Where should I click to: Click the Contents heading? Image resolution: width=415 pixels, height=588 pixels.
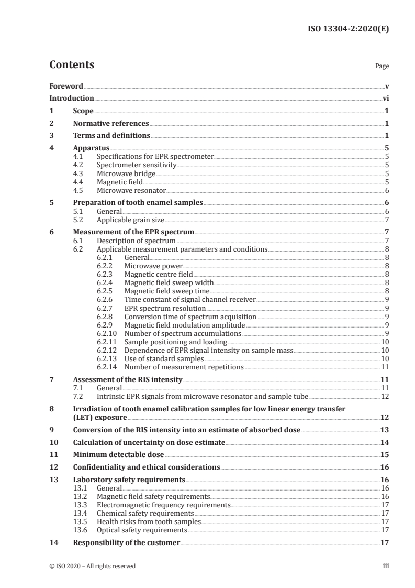[x=72, y=65]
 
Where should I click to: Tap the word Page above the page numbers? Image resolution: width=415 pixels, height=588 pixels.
[x=382, y=67]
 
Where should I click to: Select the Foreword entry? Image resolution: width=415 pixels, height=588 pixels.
[x=66, y=86]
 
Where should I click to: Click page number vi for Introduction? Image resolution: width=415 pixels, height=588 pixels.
[x=385, y=98]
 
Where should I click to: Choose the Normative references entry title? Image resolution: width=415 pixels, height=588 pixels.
[x=111, y=124]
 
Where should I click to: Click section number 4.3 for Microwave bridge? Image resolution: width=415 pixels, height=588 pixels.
[x=82, y=173]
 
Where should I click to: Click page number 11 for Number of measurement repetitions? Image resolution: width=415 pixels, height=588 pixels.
[x=384, y=367]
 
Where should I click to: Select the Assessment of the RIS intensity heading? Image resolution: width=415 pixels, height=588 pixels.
[x=128, y=379]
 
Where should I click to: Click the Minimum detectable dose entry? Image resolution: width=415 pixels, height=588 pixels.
[x=118, y=455]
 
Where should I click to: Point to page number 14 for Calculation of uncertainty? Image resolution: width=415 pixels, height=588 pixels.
[x=384, y=443]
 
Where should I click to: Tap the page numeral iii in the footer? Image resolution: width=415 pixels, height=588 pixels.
[x=386, y=566]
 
